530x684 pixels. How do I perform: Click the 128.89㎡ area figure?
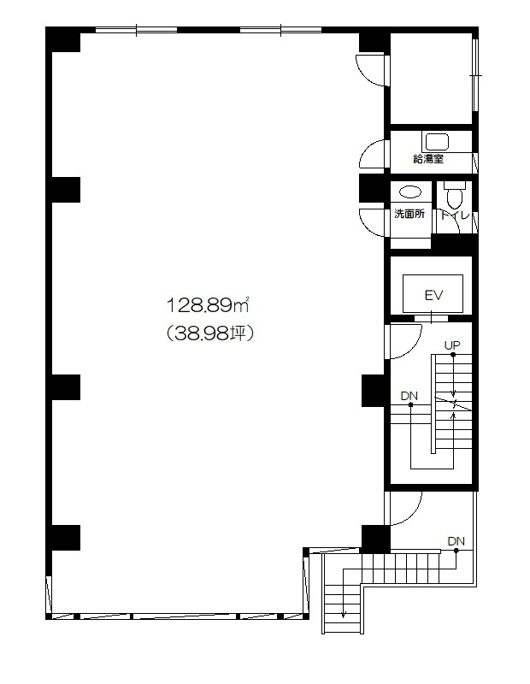(x=208, y=305)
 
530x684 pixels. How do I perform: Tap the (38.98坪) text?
(x=209, y=333)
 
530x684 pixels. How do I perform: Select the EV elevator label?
(x=433, y=295)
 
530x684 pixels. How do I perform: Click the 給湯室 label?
(x=428, y=159)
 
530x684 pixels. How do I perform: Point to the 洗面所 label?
(x=409, y=214)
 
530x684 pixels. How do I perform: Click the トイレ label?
(x=455, y=215)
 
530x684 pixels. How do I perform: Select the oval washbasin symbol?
(x=410, y=192)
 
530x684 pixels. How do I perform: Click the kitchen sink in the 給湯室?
(x=437, y=142)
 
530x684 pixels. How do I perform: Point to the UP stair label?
(x=452, y=345)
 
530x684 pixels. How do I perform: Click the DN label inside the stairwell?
(x=409, y=396)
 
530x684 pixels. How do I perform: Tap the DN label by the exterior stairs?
(x=456, y=541)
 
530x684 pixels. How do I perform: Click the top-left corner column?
(x=63, y=39)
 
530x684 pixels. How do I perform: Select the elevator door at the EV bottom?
(x=431, y=317)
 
